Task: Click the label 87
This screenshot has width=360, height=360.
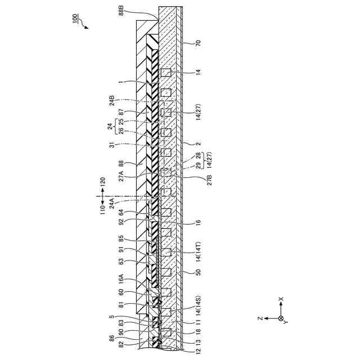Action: pyautogui.click(x=121, y=112)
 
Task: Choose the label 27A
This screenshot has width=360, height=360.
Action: pyautogui.click(x=121, y=176)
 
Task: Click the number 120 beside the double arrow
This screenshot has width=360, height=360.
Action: pyautogui.click(x=103, y=182)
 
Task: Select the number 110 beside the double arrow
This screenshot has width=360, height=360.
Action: pyautogui.click(x=103, y=209)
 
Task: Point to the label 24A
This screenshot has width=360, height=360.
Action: pyautogui.click(x=112, y=202)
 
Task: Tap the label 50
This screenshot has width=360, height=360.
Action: pyautogui.click(x=197, y=272)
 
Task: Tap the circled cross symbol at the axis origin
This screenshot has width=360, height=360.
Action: pyautogui.click(x=281, y=318)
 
